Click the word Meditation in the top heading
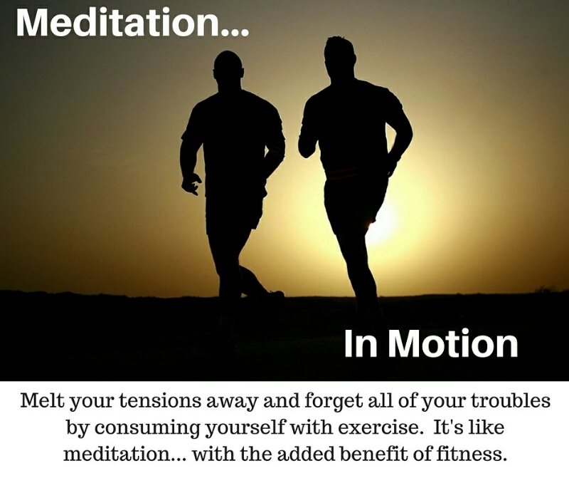click(119, 22)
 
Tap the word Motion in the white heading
click(453, 343)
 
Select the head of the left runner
click(228, 67)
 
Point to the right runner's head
click(339, 54)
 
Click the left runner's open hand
click(191, 184)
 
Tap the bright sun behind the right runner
click(381, 222)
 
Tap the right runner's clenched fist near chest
click(306, 147)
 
